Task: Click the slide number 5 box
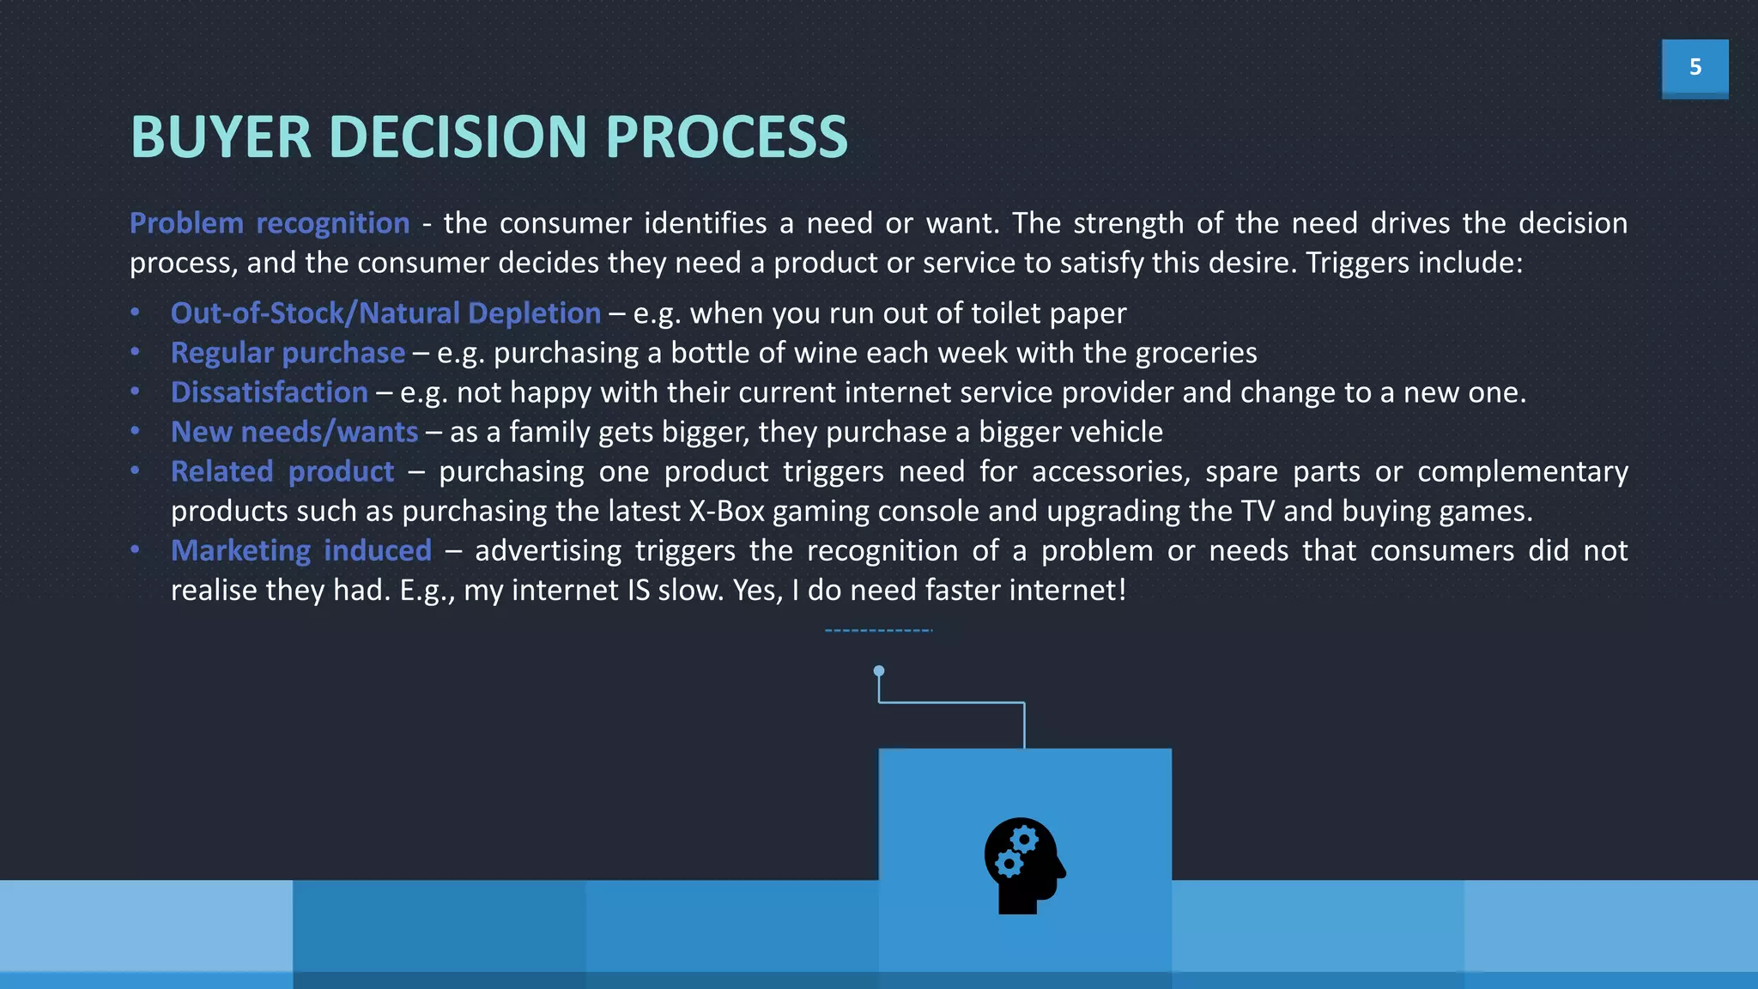coord(1694,67)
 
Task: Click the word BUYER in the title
coord(220,137)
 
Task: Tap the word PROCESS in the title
coord(726,137)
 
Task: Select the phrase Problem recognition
coord(270,223)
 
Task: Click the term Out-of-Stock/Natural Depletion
coord(385,313)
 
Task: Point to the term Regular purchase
coord(288,353)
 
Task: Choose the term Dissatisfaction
coord(269,392)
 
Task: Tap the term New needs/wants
coord(294,432)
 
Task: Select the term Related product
coord(282,471)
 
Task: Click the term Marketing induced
coord(300,550)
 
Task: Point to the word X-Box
coord(726,511)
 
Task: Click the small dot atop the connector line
coord(878,670)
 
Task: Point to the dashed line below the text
coord(878,630)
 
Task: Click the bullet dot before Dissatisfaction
coord(136,391)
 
